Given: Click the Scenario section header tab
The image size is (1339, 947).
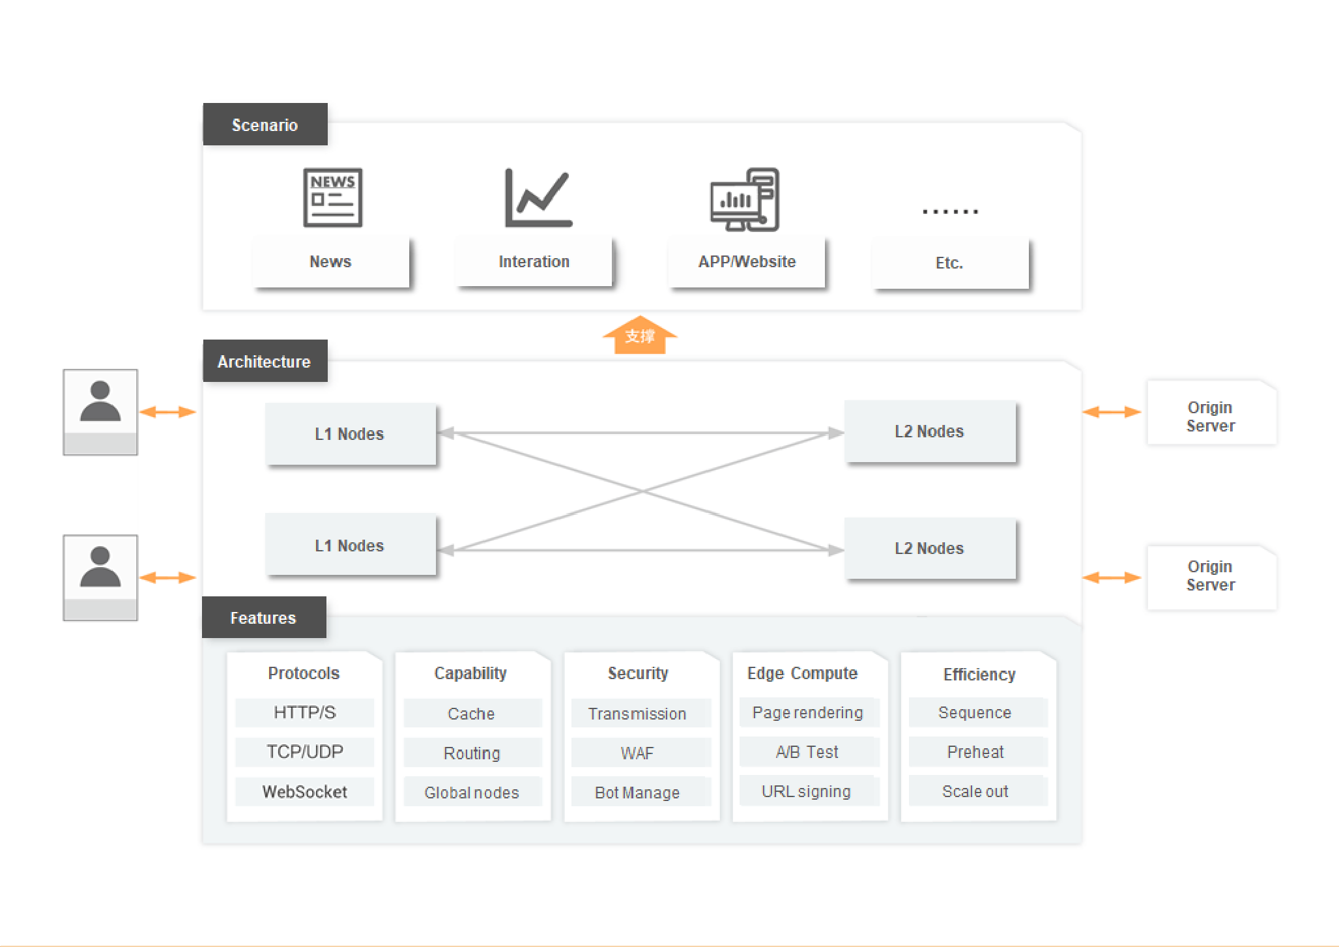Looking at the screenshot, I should (x=265, y=124).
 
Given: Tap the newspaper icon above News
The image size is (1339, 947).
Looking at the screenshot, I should (x=332, y=197).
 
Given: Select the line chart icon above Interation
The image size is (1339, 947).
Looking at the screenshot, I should (x=538, y=197).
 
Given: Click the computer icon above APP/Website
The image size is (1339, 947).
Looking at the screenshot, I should (x=745, y=199).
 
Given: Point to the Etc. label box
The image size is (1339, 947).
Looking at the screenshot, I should (x=950, y=263).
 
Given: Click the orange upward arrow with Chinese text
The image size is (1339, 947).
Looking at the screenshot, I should (x=640, y=336).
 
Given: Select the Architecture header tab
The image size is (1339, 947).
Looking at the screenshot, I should (x=265, y=361).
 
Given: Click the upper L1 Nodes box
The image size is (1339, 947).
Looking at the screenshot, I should (x=350, y=434).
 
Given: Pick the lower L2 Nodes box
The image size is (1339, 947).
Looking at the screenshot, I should (x=929, y=549).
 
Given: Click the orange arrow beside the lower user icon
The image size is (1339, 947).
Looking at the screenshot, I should (x=167, y=577).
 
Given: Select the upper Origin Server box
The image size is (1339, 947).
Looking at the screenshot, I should (x=1211, y=416).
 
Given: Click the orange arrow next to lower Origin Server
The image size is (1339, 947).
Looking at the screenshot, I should (x=1112, y=577).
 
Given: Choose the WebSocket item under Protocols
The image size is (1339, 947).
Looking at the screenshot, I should (x=304, y=792).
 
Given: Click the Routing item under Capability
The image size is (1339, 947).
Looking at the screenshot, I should (x=472, y=753).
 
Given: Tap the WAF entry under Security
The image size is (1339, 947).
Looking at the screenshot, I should (x=637, y=753).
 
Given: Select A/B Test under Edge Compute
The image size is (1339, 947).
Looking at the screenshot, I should (x=807, y=752).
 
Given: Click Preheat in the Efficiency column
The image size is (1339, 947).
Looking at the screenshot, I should (x=975, y=752).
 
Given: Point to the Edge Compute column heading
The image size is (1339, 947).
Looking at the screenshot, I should (x=802, y=673).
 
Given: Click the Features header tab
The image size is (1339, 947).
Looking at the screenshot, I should (x=263, y=618).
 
